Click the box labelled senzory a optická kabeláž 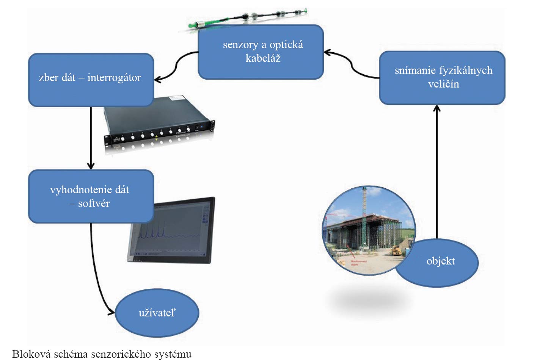tap(261, 52)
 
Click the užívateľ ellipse tap(157, 313)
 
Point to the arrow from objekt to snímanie tap(437, 171)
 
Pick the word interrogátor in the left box tap(114, 78)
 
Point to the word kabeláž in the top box tap(263, 58)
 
